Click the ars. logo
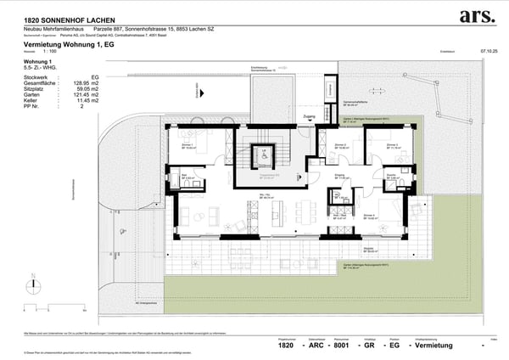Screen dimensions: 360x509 [477, 16]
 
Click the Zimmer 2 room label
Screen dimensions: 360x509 [342, 144]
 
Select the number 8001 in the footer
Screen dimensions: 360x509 [340, 346]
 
